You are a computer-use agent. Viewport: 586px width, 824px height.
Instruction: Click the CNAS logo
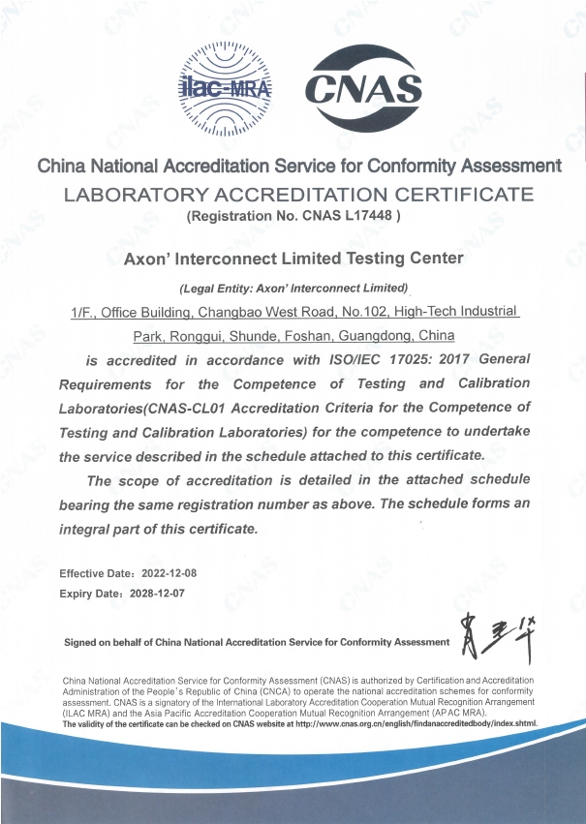363,89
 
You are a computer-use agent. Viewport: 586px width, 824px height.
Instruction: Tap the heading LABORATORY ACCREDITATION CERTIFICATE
298,194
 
